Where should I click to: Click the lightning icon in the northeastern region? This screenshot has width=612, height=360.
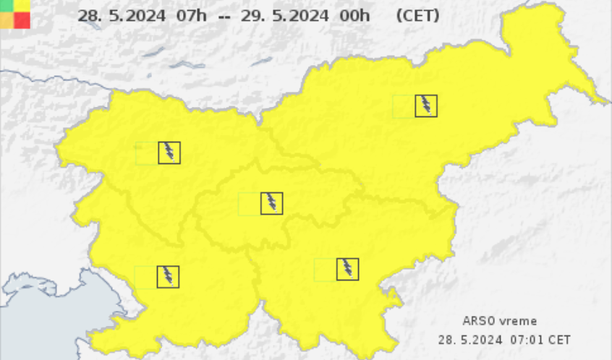tap(426, 106)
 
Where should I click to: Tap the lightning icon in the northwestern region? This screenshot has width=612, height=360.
tap(169, 153)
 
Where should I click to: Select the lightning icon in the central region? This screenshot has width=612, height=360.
tap(271, 203)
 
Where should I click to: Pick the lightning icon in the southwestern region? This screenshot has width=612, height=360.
tap(168, 276)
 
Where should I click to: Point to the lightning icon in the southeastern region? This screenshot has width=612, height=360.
tap(348, 269)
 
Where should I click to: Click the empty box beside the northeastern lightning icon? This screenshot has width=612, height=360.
tap(403, 106)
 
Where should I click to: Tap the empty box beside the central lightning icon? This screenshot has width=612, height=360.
tap(249, 203)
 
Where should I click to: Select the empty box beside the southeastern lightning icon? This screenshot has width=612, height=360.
tap(325, 269)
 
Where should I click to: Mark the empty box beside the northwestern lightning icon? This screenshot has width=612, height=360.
tap(146, 153)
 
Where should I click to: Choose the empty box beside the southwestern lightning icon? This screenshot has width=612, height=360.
tap(145, 276)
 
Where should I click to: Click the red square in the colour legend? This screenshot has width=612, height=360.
tap(22, 20)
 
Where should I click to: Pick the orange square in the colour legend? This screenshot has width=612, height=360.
tap(7, 20)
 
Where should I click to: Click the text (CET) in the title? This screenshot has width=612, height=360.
tap(417, 15)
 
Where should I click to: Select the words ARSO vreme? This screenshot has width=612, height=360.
tap(500, 321)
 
